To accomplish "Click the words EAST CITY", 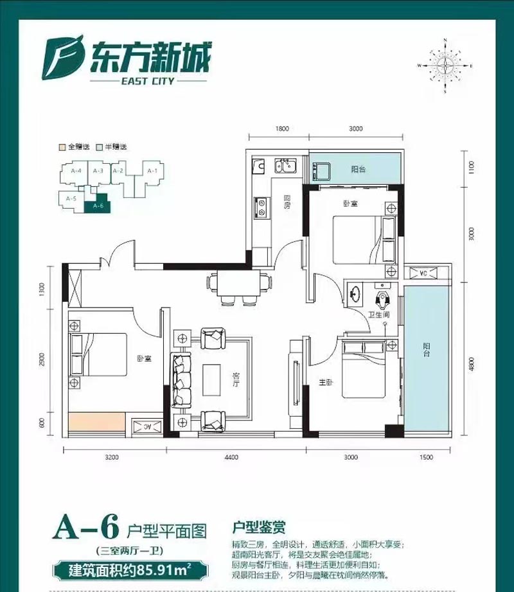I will coord(152,82).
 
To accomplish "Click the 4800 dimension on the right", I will coord(472,364).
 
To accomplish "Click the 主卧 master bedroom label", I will coord(325,383).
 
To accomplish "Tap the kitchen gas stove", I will coord(262,207).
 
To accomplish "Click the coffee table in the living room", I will coord(213,380).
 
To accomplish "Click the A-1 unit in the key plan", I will coord(152,171).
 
